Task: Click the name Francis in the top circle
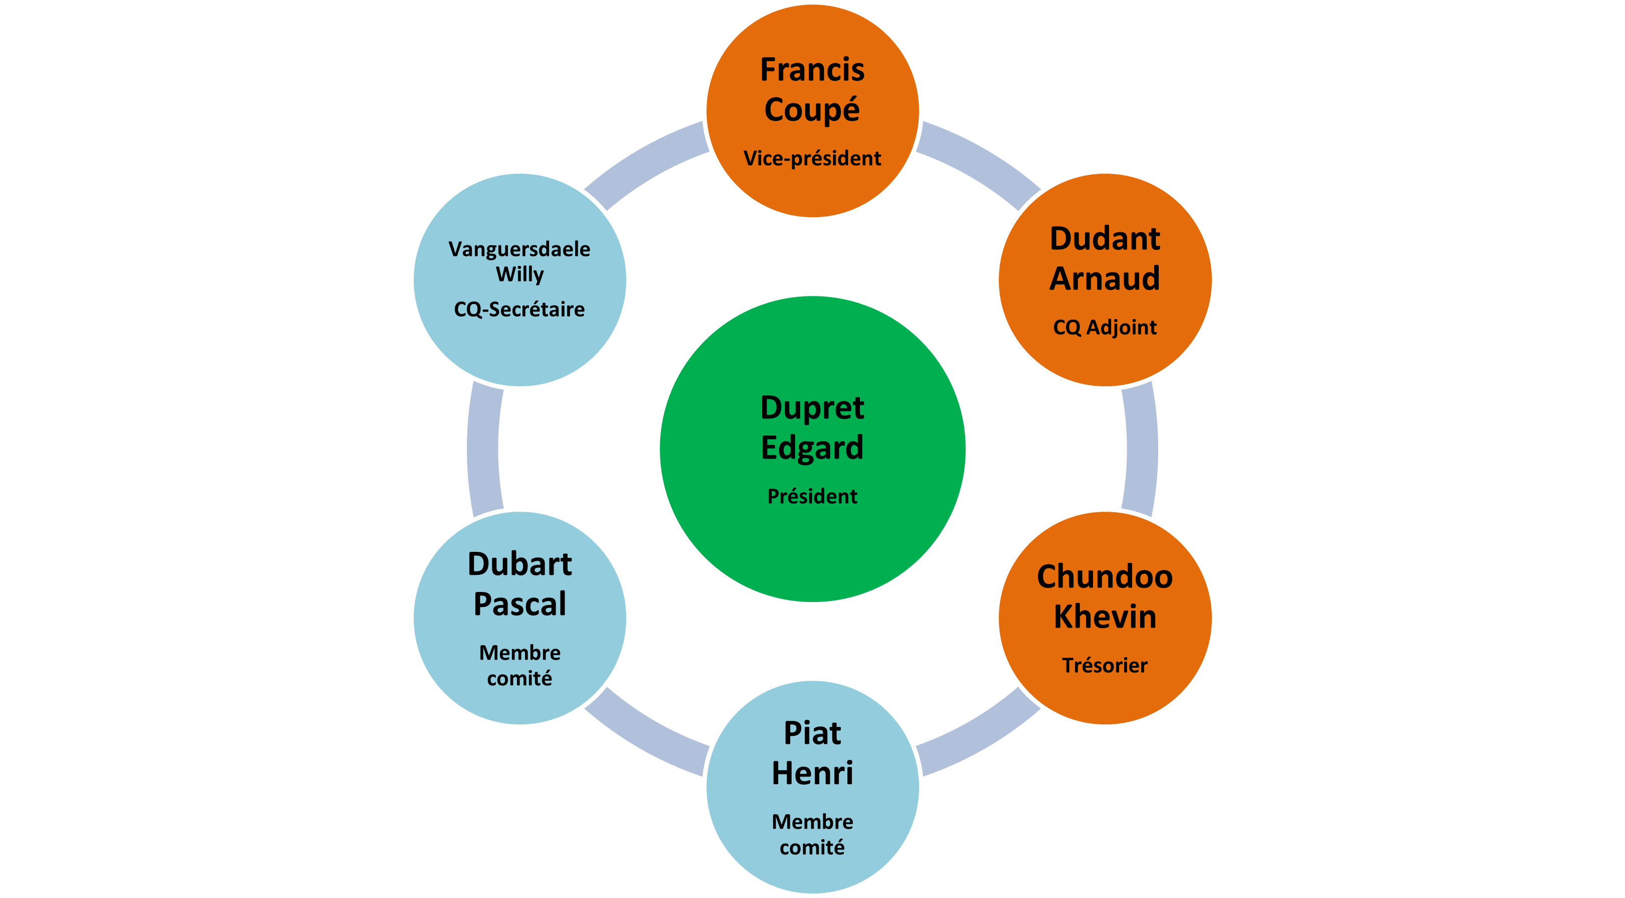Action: pos(812,69)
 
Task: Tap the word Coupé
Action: pos(812,110)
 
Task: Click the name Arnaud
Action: pos(1105,278)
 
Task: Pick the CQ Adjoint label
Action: pos(1105,327)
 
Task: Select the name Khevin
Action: pos(1105,617)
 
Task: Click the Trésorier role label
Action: pos(1105,665)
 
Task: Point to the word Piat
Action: pos(812,733)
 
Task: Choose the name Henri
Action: pos(812,773)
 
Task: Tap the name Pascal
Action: pos(520,604)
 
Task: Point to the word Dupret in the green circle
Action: pos(812,408)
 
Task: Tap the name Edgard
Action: pos(812,447)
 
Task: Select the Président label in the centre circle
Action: pos(812,496)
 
